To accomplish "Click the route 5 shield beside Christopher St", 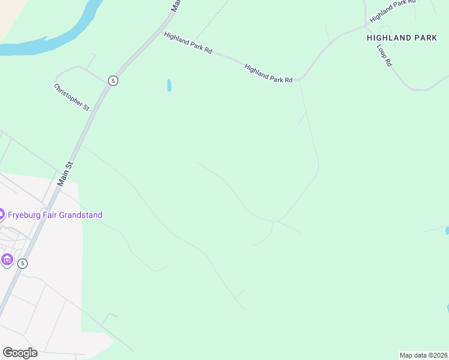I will pos(113,80).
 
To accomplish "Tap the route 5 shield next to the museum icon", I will pos(22,263).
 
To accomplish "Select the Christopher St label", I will pos(71,97).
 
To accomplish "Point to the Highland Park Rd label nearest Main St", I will pos(188,43).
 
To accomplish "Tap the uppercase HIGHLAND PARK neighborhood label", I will pos(402,38).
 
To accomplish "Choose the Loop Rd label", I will pos(384,55).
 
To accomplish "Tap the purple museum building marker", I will pos(7,260).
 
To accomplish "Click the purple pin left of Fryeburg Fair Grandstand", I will pos(1,214).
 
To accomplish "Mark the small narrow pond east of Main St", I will pos(169,85).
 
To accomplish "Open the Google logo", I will pos(20,353).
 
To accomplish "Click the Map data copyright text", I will pos(423,355).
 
